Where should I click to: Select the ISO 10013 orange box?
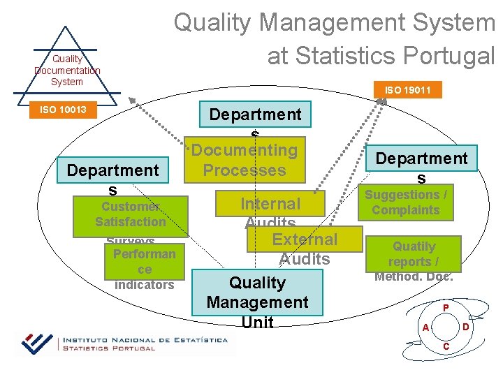(x=63, y=110)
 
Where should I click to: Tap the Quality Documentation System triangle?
(x=66, y=66)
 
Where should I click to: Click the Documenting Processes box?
(x=245, y=161)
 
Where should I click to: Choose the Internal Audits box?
(x=270, y=204)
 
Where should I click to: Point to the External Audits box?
(x=305, y=239)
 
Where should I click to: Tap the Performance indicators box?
(x=145, y=263)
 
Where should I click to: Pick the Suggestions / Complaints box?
(x=405, y=203)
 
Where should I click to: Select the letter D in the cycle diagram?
(x=466, y=327)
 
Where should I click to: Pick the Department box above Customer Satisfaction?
(x=112, y=170)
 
